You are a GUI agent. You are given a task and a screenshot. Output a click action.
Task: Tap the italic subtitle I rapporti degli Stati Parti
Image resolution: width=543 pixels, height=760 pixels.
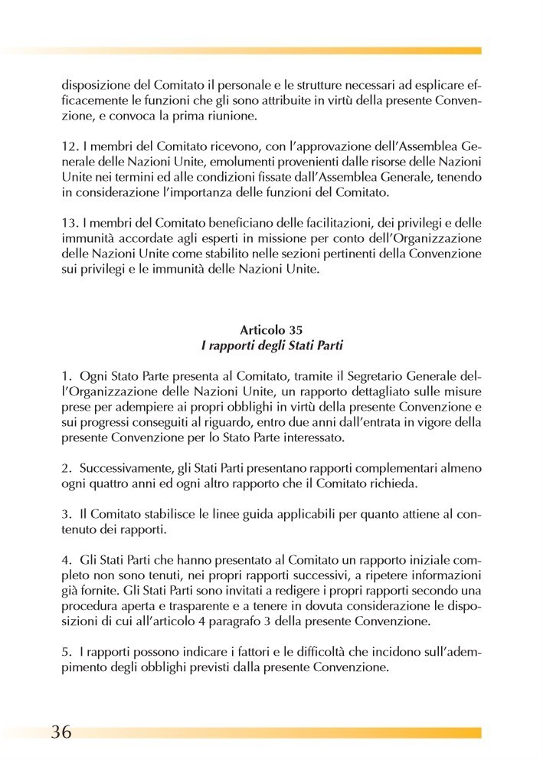click(270, 345)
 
